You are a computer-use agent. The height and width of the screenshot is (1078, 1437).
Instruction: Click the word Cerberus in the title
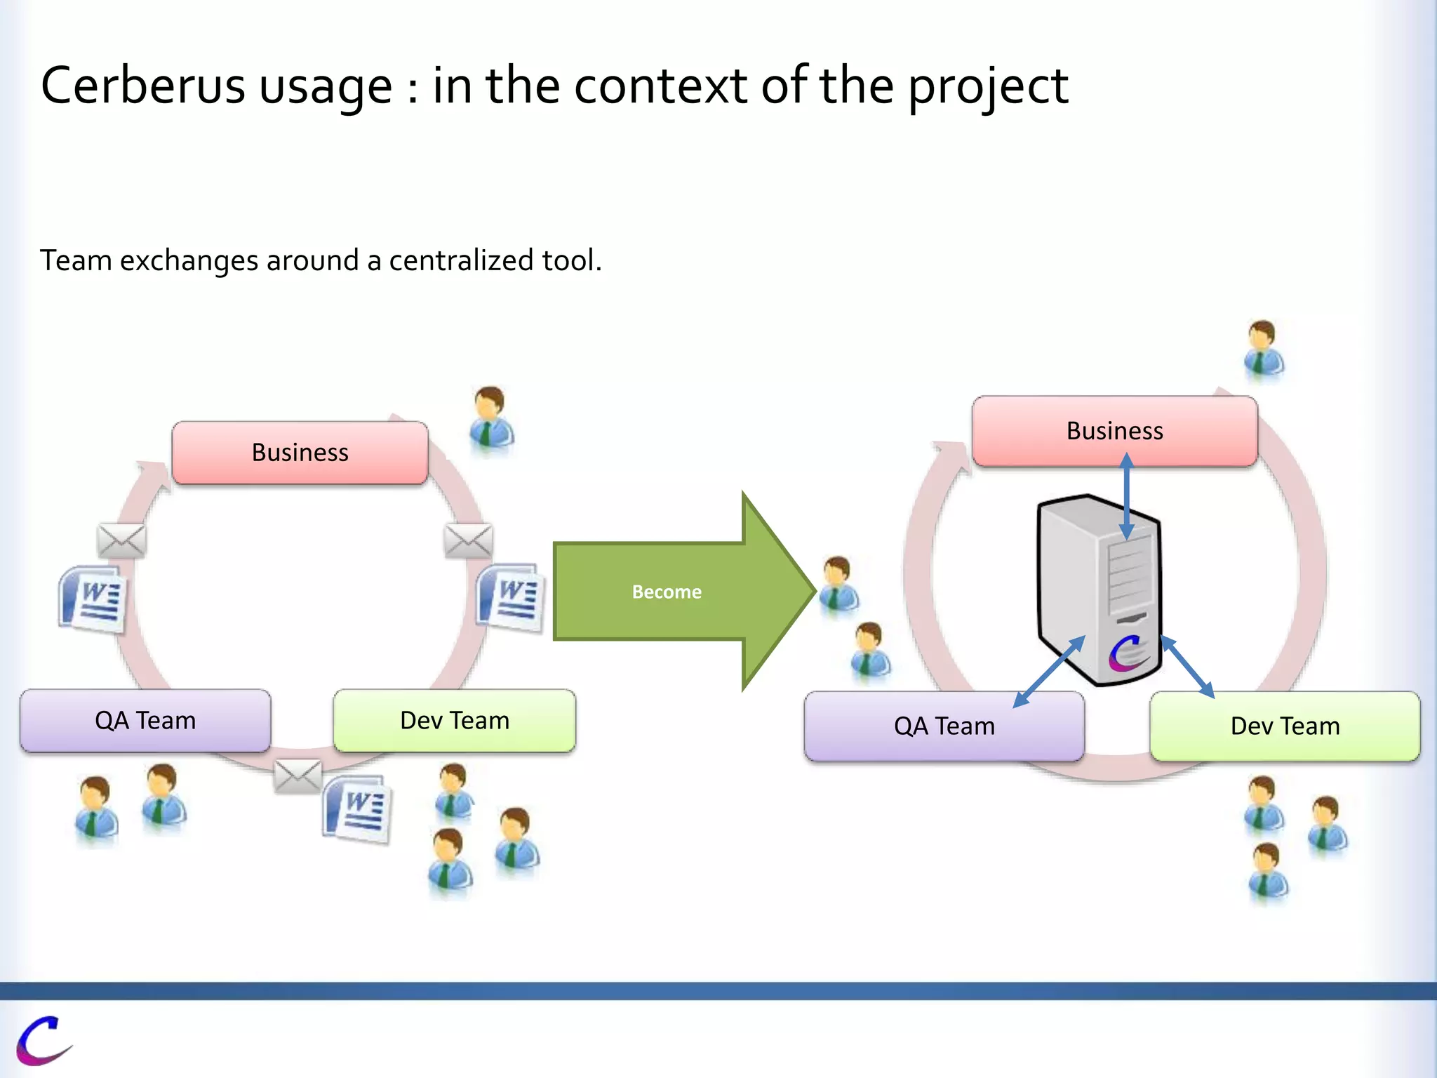[x=142, y=86]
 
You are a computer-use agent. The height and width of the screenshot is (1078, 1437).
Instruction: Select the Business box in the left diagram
[x=300, y=453]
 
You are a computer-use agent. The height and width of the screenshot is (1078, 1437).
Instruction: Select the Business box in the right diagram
[x=1114, y=431]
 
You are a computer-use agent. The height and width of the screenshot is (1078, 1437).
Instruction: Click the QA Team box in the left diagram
[x=145, y=721]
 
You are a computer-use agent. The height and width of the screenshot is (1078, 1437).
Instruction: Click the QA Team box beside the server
[x=944, y=726]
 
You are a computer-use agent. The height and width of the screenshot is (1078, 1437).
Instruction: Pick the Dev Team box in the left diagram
[x=455, y=721]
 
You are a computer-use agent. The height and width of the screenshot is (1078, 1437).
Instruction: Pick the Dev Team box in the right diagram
[x=1285, y=726]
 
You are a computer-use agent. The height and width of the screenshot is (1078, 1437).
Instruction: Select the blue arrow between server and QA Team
[x=1049, y=672]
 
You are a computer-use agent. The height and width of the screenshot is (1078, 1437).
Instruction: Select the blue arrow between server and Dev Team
[x=1187, y=667]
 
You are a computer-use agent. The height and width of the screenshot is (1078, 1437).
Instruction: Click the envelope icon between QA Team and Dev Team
[x=298, y=776]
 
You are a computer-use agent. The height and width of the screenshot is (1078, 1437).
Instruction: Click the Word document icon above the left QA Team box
[x=93, y=599]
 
